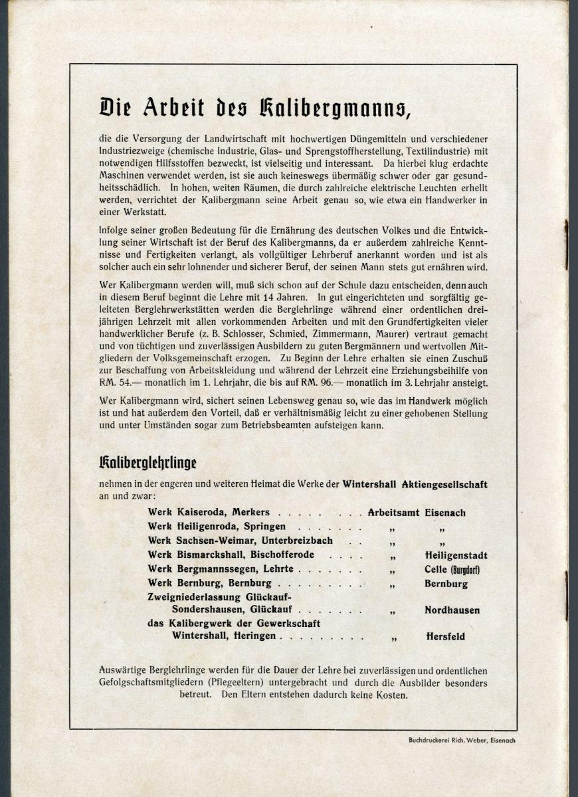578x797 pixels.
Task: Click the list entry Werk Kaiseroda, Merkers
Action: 209,513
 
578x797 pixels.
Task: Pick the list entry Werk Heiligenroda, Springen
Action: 213,526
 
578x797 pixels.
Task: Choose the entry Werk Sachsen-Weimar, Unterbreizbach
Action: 240,541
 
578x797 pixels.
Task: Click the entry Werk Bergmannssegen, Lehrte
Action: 221,570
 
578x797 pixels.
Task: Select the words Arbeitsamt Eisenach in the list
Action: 417,513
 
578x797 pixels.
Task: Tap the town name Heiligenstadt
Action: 456,555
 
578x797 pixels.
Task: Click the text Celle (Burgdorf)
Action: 452,570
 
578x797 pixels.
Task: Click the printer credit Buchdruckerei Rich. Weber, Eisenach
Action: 462,740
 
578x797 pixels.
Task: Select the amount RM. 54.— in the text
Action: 121,384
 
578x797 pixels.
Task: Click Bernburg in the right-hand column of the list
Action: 446,584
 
